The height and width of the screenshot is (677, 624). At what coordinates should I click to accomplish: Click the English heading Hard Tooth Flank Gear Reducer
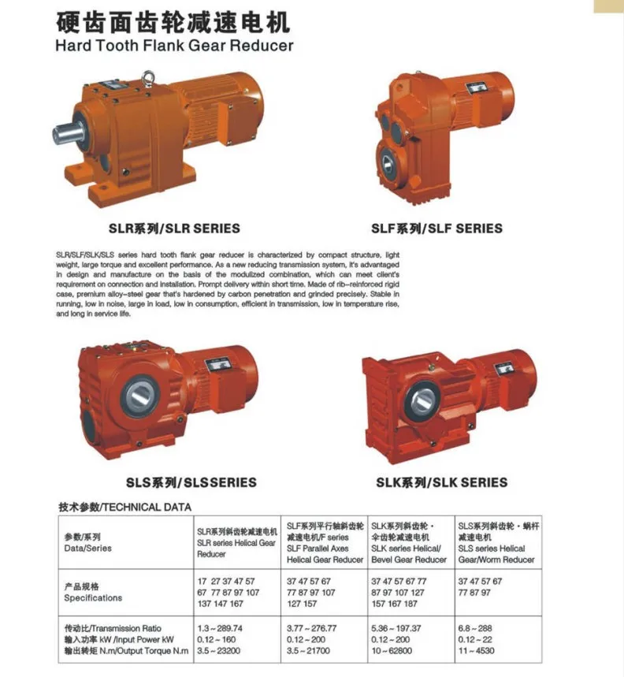(x=174, y=45)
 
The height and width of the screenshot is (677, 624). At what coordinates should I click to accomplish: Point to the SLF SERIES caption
(x=436, y=229)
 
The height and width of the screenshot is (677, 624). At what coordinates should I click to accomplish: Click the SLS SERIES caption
(x=191, y=482)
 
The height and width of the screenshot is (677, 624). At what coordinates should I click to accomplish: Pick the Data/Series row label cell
(x=88, y=542)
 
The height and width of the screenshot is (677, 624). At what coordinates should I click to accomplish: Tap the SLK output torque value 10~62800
(x=395, y=651)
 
